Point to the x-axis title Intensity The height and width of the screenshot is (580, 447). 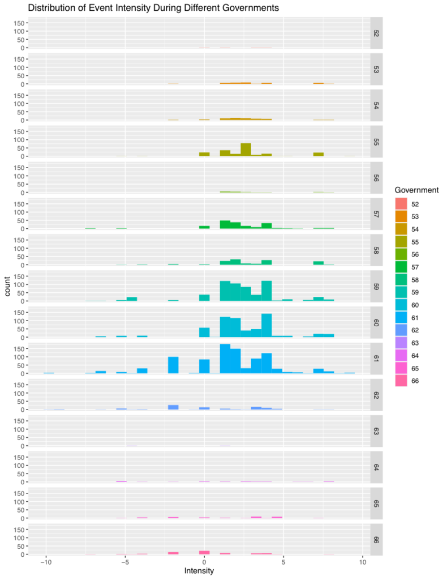[199, 571]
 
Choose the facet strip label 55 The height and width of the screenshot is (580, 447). [376, 141]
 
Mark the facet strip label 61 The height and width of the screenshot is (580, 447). [376, 358]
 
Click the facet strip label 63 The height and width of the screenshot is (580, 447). [376, 430]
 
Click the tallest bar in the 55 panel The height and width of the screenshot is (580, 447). [246, 150]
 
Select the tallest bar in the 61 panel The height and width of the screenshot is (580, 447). [225, 359]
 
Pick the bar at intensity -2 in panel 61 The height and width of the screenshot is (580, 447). [173, 365]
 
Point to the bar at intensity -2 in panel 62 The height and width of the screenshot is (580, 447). [173, 407]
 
